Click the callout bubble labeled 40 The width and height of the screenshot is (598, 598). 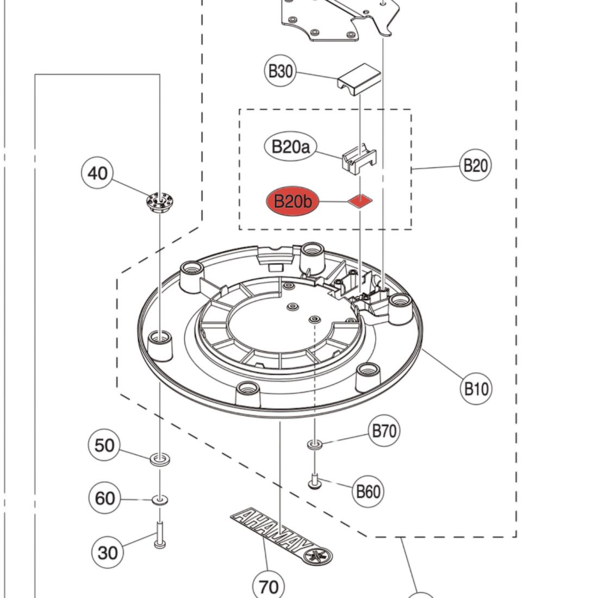coord(98,173)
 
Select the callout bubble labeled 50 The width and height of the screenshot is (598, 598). coord(105,445)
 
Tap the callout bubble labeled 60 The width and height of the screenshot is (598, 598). coord(105,497)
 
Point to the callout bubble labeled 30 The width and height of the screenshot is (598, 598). coord(108,552)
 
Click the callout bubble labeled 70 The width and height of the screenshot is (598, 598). coord(269,586)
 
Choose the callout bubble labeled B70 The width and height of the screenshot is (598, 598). coord(384,431)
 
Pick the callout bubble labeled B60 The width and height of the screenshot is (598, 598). coord(368,491)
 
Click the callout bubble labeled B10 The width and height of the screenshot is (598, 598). coord(476,389)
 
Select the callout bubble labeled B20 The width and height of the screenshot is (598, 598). coord(475,165)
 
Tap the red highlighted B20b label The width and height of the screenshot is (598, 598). coord(292,202)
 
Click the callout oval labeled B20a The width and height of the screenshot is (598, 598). coord(291,146)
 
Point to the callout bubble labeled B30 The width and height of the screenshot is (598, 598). coord(281,71)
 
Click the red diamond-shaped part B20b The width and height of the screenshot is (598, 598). coord(360,201)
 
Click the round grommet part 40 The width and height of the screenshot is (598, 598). coord(159,202)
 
